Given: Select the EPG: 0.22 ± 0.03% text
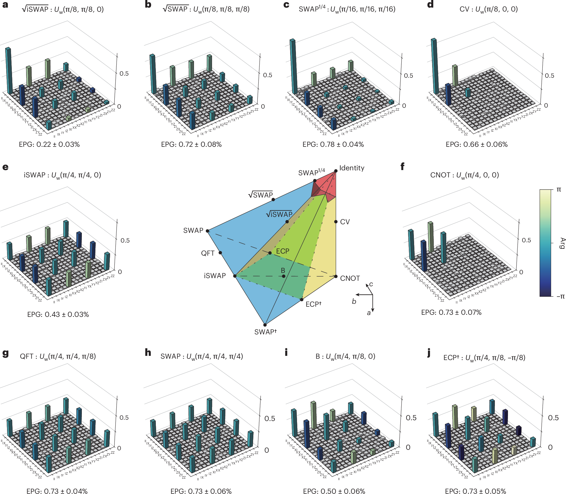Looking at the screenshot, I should tap(49, 144).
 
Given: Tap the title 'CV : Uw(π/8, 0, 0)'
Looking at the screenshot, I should tap(488, 9).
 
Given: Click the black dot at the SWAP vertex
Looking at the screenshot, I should tap(207, 231).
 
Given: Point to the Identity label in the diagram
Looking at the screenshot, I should tap(351, 168).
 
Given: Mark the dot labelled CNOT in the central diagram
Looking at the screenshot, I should tap(336, 276).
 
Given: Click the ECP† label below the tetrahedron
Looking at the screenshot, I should tap(313, 304).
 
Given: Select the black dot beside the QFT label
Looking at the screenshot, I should tap(220, 252).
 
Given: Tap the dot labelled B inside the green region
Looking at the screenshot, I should tap(284, 276).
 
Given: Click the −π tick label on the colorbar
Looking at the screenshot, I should tap(560, 297).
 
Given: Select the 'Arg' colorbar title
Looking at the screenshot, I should tap(562, 243).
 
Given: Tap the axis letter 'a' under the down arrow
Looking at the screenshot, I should tap(369, 313).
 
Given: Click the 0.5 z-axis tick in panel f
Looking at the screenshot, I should tap(526, 240).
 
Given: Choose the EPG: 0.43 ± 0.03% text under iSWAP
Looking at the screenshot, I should tap(58, 315).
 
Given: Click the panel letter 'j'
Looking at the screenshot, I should tap(429, 353).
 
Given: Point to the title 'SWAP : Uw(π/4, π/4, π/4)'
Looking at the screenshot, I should tap(202, 356).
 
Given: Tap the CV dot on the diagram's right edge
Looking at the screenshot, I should tap(336, 222).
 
